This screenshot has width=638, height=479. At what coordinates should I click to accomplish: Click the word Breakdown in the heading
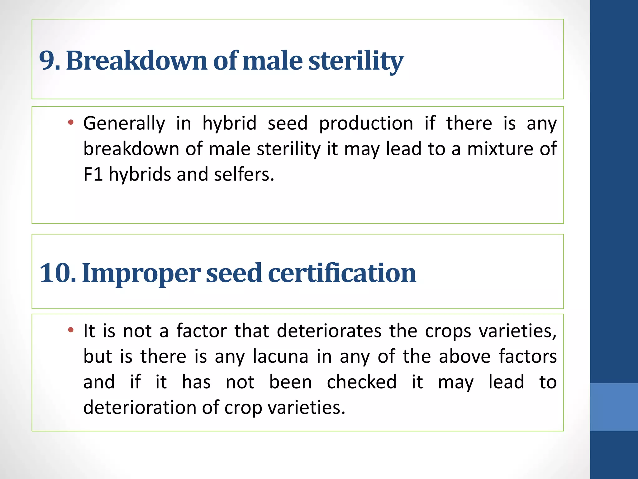tap(136, 61)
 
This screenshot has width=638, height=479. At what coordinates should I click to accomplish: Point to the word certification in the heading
tap(342, 273)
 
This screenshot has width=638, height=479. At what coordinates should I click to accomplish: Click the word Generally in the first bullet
tap(124, 123)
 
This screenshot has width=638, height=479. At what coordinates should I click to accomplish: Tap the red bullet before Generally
tap(71, 122)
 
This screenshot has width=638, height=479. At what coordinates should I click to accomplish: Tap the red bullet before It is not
tap(71, 330)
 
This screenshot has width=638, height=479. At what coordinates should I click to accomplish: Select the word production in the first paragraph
tap(366, 123)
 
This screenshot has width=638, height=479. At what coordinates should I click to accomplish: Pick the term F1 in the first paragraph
tap(93, 174)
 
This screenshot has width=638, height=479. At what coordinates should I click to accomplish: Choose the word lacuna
tap(280, 356)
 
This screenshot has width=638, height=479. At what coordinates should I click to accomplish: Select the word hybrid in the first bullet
tap(229, 123)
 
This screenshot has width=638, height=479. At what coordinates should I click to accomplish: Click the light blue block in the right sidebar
tap(614, 407)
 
